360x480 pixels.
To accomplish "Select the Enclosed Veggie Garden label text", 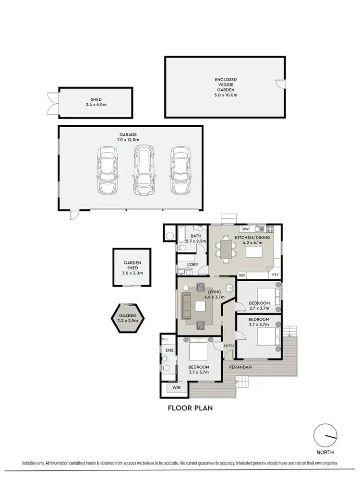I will tap(226, 87).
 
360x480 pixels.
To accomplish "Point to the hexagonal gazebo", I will tap(128, 318).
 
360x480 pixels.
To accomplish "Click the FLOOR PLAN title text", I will tap(190, 408).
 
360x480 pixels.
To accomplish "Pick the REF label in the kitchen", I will tap(242, 276).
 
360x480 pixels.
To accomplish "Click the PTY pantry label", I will tap(275, 275).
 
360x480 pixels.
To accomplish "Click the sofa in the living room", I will tap(186, 306).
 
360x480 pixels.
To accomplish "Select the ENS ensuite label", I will tap(168, 351).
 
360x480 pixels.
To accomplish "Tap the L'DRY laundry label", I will tap(192, 264).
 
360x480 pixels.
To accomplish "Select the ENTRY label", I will tap(229, 346).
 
